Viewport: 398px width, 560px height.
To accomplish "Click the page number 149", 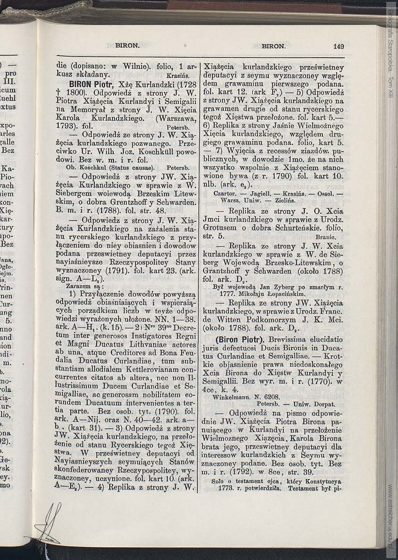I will [338, 46].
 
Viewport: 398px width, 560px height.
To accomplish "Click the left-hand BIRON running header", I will [127, 46].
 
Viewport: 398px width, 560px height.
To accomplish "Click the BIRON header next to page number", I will [274, 46].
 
